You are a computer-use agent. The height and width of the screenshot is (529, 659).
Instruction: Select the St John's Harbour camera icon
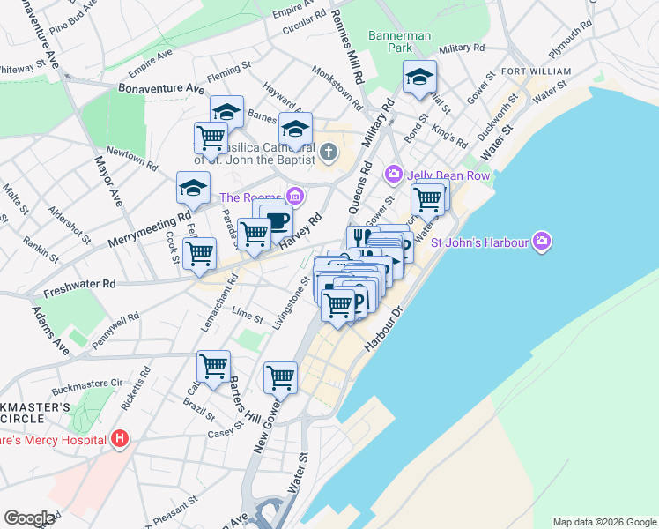[542, 240]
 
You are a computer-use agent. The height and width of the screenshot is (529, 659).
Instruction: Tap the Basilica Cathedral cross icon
[329, 153]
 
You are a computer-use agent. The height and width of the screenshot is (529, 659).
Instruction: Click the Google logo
[30, 518]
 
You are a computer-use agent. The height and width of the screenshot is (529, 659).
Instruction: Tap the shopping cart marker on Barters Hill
[213, 366]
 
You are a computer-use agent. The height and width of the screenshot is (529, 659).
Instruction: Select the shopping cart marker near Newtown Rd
[211, 138]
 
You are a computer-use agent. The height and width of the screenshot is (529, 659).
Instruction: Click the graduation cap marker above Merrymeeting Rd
[193, 187]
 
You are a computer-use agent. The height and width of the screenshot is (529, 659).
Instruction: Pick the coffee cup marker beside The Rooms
[278, 220]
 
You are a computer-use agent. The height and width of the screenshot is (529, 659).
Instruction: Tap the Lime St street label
[248, 315]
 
